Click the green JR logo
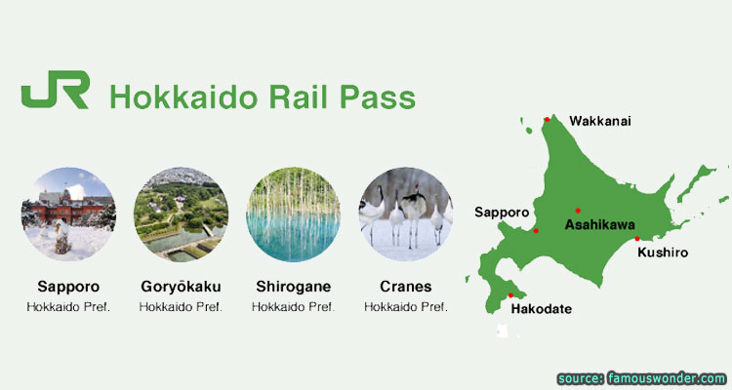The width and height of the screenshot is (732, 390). (55, 90)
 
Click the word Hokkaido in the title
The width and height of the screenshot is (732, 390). (183, 97)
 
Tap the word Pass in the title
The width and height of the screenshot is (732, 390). (377, 97)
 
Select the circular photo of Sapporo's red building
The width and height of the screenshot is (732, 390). (68, 214)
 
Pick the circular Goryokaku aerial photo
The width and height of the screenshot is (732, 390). (182, 214)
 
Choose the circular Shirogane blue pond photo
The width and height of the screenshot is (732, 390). (294, 214)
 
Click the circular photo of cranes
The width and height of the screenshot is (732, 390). (406, 214)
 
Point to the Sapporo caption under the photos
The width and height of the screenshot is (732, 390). (68, 287)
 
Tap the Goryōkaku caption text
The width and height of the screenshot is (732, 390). (182, 287)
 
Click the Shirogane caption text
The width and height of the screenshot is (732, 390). (294, 287)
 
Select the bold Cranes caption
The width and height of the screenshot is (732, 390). (406, 286)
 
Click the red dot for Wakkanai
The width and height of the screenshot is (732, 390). (548, 119)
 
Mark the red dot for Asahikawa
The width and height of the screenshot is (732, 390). (578, 211)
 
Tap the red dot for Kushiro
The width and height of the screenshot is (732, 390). (637, 239)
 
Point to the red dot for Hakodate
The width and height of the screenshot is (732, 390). (510, 295)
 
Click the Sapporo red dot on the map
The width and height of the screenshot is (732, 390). (536, 231)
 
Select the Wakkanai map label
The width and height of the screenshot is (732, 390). (600, 121)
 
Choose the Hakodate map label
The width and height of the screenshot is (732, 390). (542, 309)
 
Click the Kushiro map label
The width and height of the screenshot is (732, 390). (663, 253)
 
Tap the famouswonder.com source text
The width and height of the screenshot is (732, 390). (667, 378)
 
